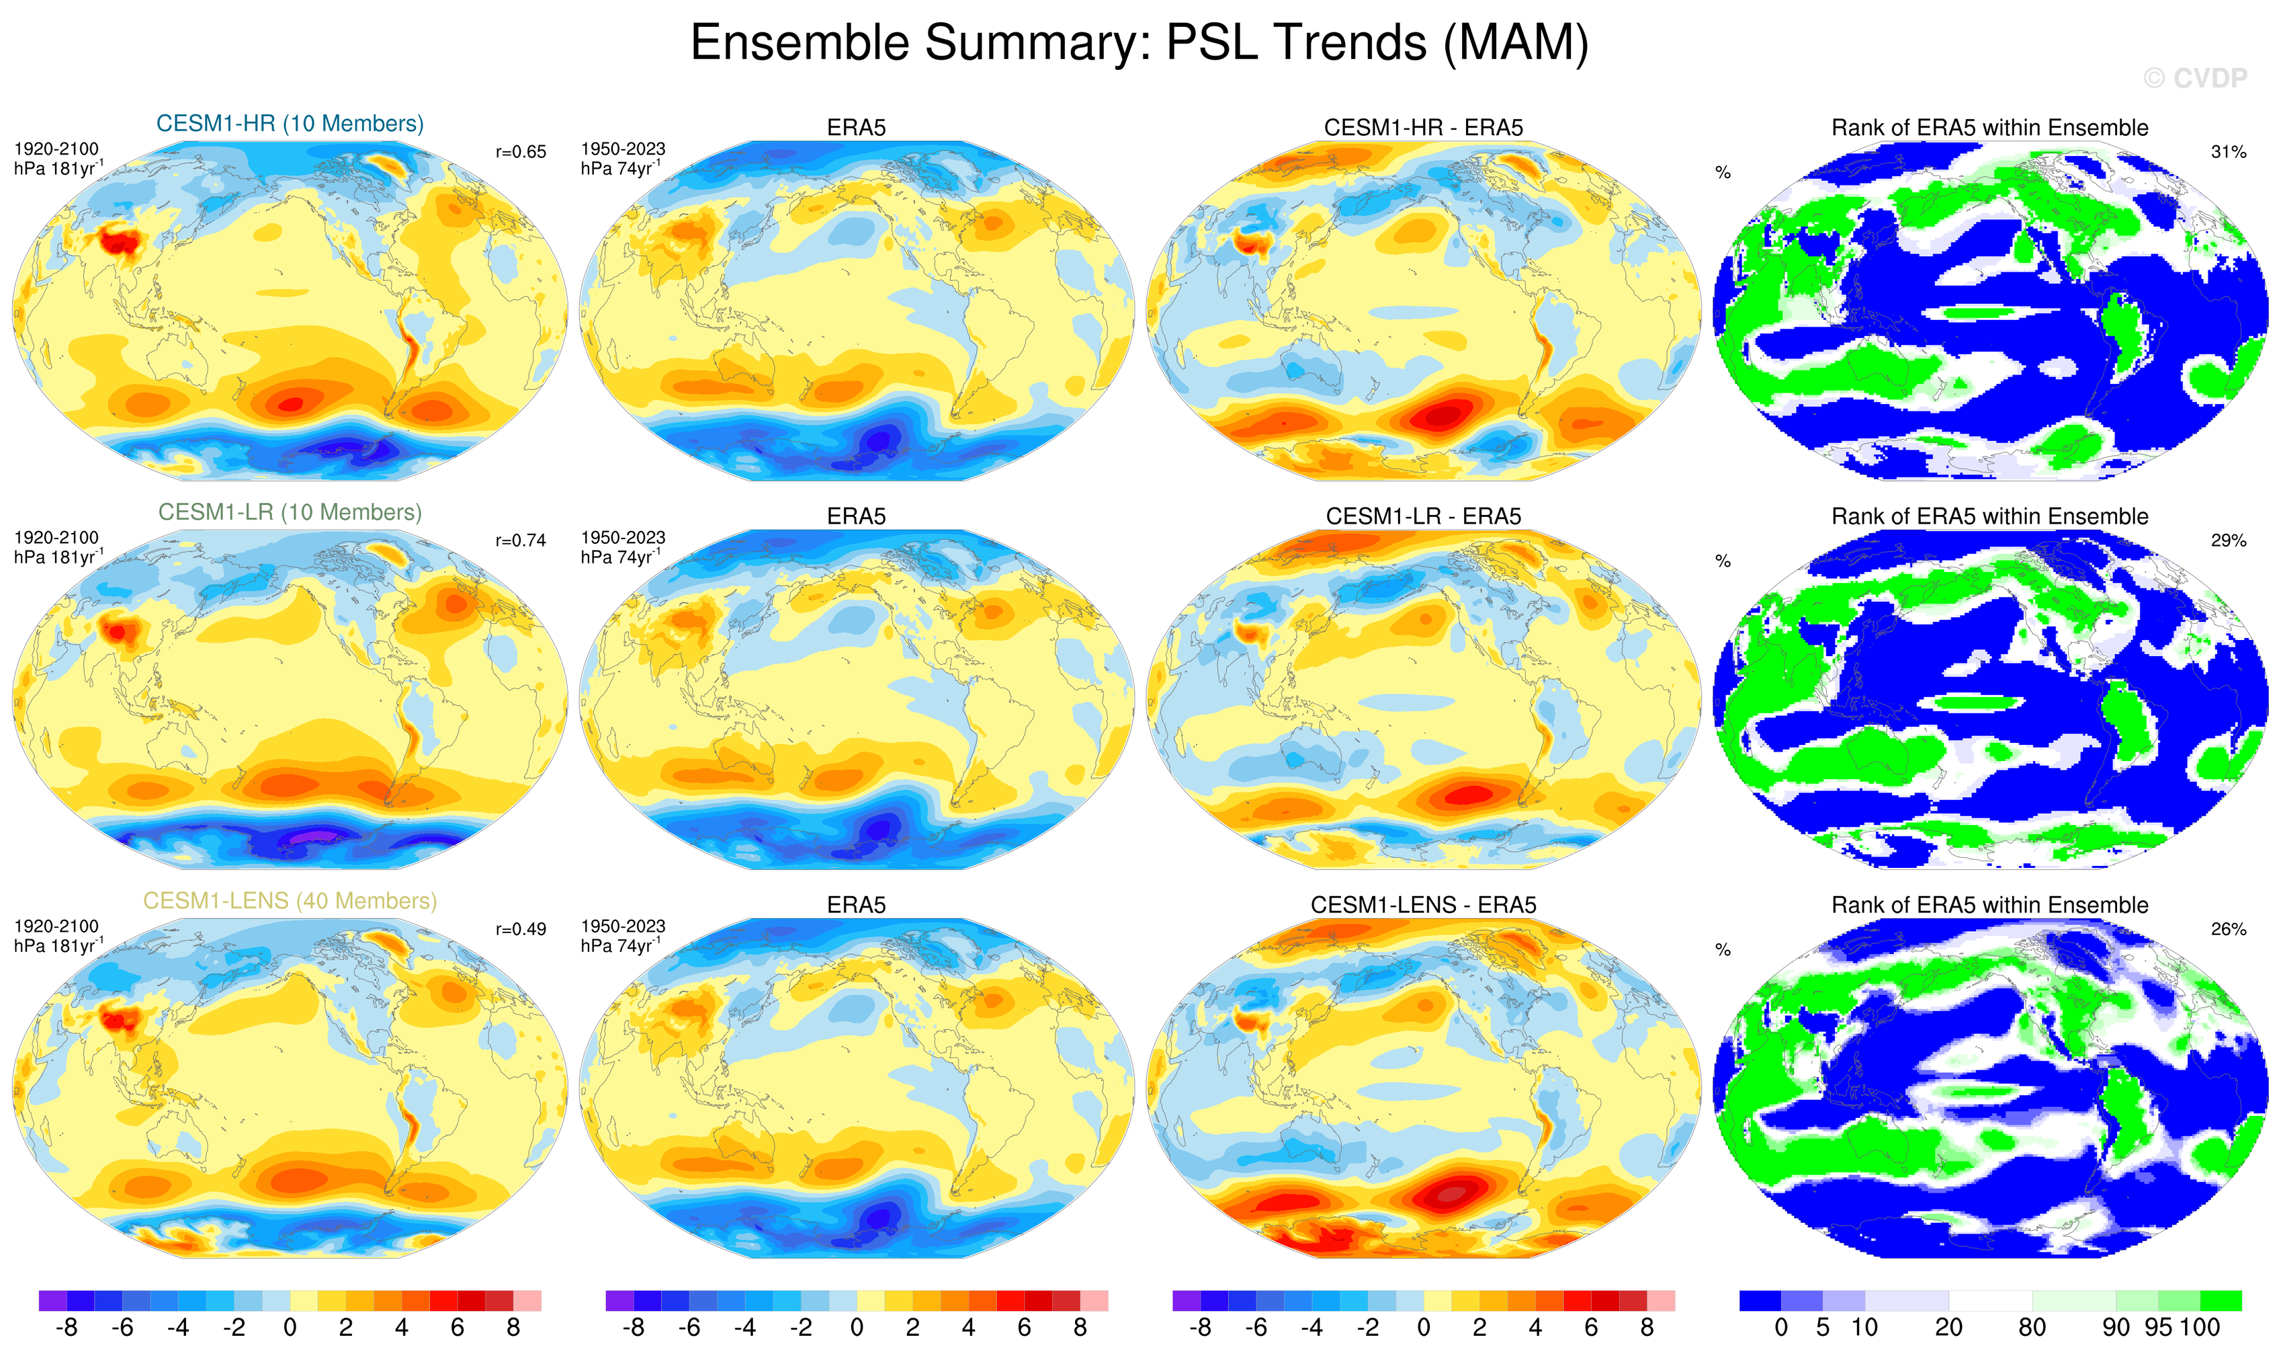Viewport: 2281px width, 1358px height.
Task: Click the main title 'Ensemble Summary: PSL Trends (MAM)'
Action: coord(1139,42)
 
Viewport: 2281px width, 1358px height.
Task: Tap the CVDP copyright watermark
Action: coord(2194,79)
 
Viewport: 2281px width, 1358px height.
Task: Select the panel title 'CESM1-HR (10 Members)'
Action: coord(290,124)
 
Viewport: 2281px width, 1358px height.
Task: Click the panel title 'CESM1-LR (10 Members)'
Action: coord(290,512)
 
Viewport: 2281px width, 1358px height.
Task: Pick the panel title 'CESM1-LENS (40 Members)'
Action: coord(290,902)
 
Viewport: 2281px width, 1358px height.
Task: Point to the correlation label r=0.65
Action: coord(521,152)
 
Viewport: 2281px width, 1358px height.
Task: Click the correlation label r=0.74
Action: coord(521,541)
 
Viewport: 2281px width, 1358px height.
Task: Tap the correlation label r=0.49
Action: coord(521,930)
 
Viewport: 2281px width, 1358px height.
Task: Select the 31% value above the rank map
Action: coord(2228,152)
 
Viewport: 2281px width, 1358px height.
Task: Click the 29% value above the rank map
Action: coord(2228,541)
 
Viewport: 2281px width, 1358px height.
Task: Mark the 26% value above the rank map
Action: coord(2228,930)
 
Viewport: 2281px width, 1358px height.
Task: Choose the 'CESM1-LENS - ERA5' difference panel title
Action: coord(1423,905)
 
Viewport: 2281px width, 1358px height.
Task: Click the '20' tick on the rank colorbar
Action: coord(1948,1328)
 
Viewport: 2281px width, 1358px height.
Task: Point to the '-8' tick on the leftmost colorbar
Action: coord(66,1328)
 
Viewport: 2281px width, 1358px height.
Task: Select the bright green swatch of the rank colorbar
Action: coord(2221,1300)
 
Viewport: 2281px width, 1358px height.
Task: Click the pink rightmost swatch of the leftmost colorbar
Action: coord(527,1300)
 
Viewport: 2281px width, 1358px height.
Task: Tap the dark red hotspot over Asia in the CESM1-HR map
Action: coord(117,243)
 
